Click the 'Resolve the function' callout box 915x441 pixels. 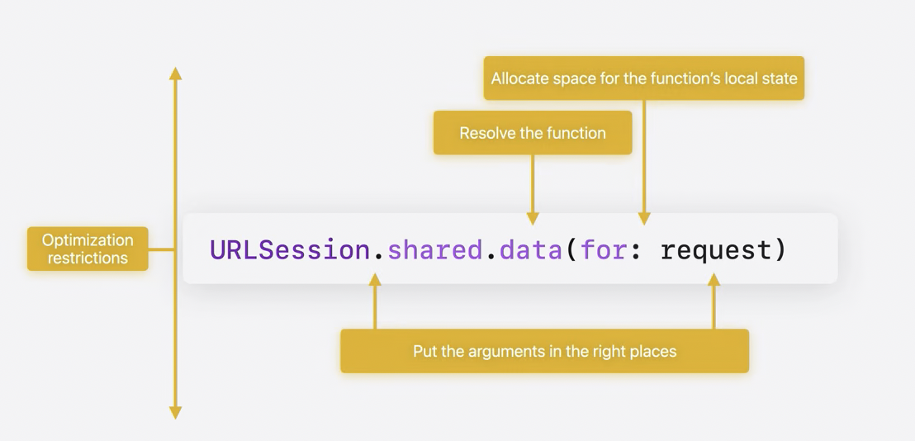coord(533,133)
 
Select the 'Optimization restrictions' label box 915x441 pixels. coord(88,249)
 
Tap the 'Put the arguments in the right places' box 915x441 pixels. coord(544,351)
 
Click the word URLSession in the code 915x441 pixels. coord(290,249)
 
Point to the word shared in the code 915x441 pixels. coord(434,249)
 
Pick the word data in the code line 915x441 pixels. coord(531,249)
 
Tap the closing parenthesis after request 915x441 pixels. coord(780,249)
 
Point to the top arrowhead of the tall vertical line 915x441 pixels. coord(175,73)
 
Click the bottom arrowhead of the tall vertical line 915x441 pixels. coord(175,413)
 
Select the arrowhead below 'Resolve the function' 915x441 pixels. coord(533,219)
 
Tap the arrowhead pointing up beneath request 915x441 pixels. coord(714,280)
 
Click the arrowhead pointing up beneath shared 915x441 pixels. coord(375,280)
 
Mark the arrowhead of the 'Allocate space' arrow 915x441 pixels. coord(644,219)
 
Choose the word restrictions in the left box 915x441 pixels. coord(88,258)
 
